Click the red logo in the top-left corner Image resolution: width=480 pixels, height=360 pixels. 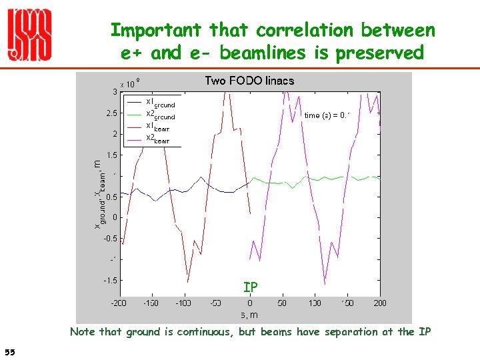(x=29, y=36)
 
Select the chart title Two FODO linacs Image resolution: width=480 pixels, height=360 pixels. (x=249, y=81)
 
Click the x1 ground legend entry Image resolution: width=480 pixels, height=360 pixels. (x=160, y=102)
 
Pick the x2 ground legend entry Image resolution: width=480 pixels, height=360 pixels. (x=160, y=115)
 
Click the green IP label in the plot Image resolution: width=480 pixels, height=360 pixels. (x=251, y=287)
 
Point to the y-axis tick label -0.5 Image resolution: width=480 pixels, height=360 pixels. (x=111, y=238)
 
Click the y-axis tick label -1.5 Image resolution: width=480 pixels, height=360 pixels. (x=111, y=280)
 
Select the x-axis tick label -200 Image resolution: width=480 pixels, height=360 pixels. (x=119, y=303)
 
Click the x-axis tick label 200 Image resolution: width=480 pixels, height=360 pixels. (x=380, y=303)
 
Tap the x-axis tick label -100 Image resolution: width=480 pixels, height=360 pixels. (x=184, y=303)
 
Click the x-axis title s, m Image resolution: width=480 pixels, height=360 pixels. (x=249, y=314)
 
